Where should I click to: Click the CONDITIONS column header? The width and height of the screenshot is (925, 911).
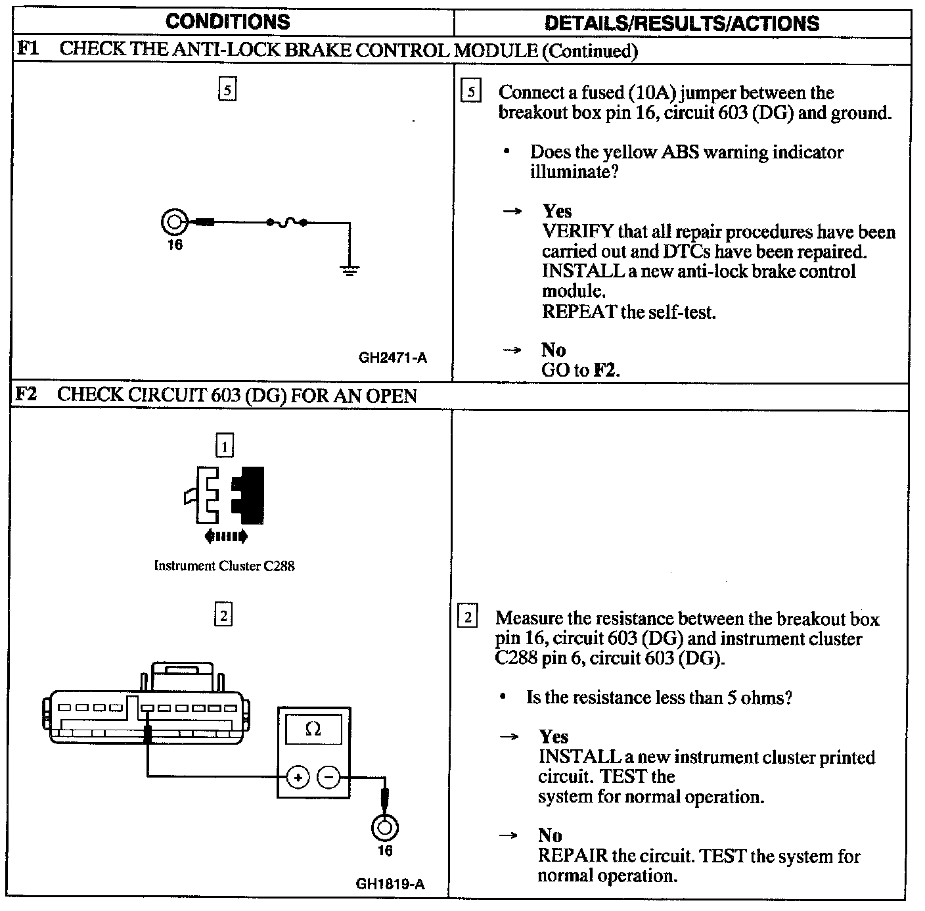tap(227, 22)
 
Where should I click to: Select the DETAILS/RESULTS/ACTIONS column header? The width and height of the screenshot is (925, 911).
tap(682, 23)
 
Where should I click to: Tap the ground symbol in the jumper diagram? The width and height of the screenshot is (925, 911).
tap(350, 269)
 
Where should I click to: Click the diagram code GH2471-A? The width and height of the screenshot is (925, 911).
tap(392, 358)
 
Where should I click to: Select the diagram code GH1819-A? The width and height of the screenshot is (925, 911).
tap(390, 884)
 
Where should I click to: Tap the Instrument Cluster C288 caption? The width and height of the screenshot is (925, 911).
tap(224, 566)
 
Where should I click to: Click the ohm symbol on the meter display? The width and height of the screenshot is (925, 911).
tap(313, 729)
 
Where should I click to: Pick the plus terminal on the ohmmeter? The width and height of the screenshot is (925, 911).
tap(298, 777)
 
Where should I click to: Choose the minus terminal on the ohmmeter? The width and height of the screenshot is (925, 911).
tap(328, 777)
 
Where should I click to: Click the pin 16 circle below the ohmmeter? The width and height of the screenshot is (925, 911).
tap(384, 827)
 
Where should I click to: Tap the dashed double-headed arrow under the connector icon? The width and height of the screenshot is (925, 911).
tap(226, 536)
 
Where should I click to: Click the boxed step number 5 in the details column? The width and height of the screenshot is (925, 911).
tap(471, 91)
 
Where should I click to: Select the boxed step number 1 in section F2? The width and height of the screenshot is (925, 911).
tap(224, 447)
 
